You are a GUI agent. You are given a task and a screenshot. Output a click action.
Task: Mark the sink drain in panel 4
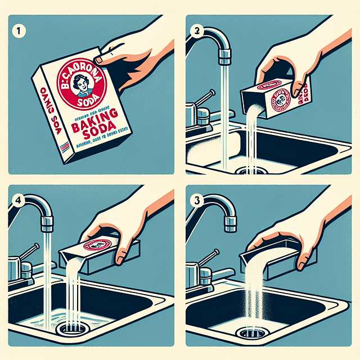coord(70,329)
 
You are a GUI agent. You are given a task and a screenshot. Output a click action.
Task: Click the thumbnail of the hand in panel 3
coord(303,262)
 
